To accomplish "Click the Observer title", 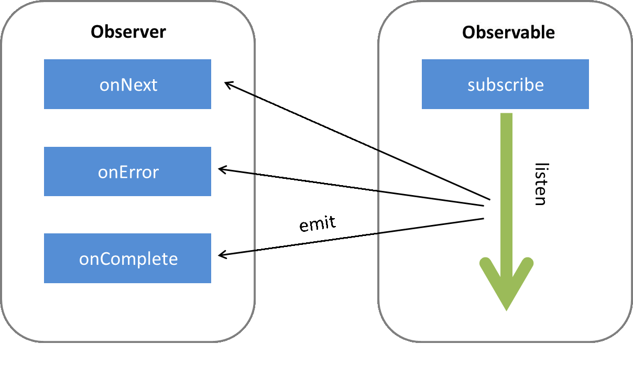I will point(128,32).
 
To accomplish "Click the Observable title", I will point(508,33).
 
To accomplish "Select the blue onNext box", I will point(127,84).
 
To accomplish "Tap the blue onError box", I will point(127,171).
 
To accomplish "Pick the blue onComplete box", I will point(127,259).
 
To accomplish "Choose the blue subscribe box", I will point(505,84).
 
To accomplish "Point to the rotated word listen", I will point(540,184).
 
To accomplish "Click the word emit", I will point(318,224).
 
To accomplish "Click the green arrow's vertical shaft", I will point(506,184).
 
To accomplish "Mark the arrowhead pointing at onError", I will point(222,169).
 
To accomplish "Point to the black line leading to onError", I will point(351,187).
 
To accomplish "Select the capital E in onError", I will point(121,172).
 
